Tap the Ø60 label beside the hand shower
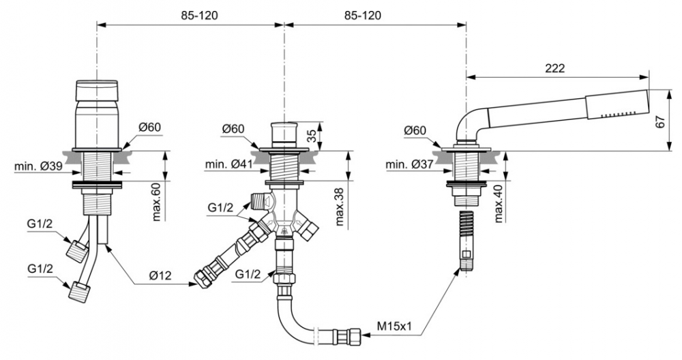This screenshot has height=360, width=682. point(415,130)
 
